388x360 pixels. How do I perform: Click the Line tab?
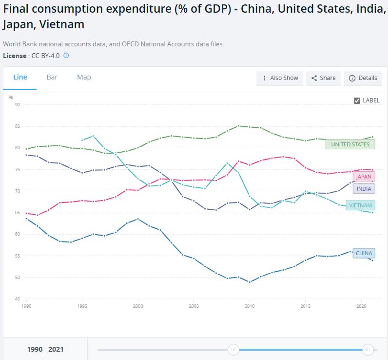pos(20,77)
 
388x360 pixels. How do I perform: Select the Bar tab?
pos(52,77)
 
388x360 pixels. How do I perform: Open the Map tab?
pos(84,77)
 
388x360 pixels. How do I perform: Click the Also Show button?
pos(280,78)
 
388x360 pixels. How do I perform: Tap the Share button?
pos(323,78)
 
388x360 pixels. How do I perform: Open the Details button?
pos(363,78)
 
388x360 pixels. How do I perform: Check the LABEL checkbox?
pos(357,100)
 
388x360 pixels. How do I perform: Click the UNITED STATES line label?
pos(350,144)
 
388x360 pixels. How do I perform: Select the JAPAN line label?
pos(364,177)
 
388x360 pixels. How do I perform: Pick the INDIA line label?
pos(364,189)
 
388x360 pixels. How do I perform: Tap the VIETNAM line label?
pos(360,205)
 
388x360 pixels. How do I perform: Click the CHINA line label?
pos(364,253)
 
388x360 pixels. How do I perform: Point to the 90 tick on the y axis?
pos(18,105)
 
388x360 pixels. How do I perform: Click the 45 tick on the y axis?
pos(18,299)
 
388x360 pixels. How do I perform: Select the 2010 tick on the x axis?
pos(249,306)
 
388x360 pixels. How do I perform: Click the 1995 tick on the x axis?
pos(82,306)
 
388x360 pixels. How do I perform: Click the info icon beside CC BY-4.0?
pos(66,56)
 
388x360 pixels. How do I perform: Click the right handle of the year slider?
pos(368,349)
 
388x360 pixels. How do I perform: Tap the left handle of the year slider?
pos(233,349)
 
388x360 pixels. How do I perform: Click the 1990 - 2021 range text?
pos(45,349)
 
